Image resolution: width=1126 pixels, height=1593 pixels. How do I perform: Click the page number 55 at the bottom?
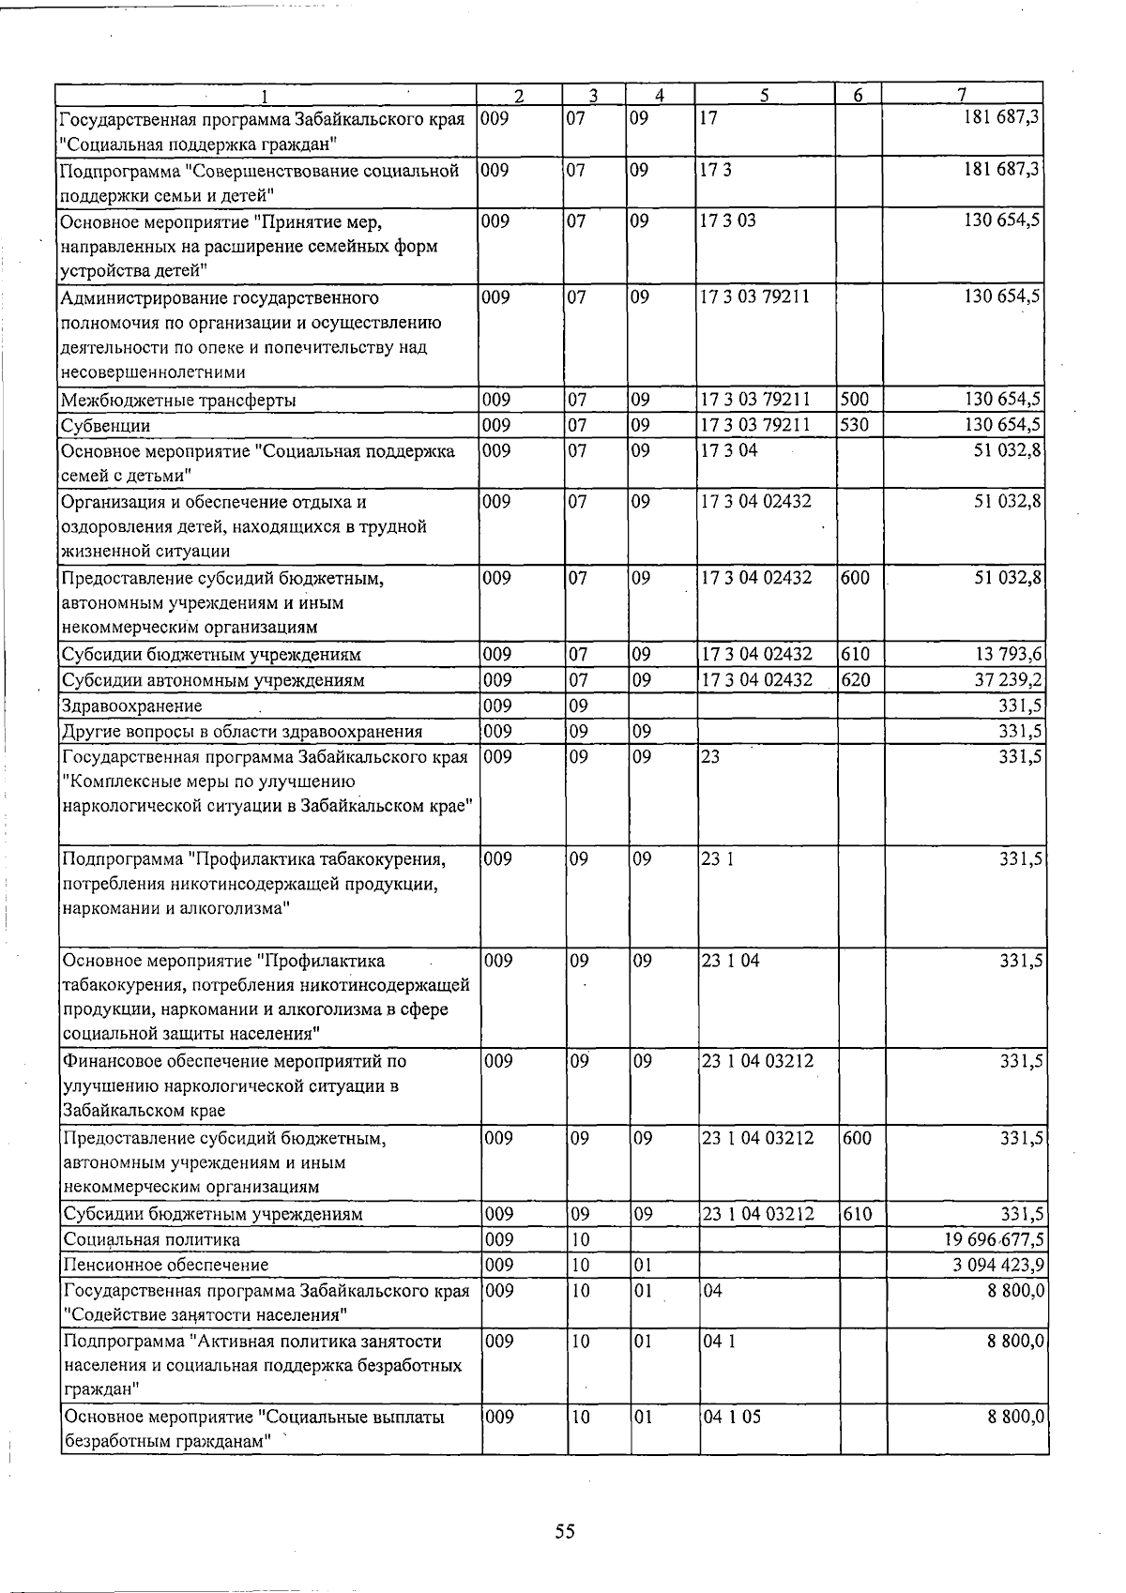tap(564, 1531)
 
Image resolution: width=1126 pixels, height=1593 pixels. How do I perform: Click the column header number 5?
tap(765, 95)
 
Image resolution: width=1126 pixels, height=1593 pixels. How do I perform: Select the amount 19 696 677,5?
tap(988, 1239)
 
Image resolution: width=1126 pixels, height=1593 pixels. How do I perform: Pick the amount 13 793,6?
tap(1008, 654)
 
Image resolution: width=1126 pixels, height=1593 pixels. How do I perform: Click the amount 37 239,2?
tap(1008, 679)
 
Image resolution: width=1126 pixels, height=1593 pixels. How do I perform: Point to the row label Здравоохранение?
tap(131, 705)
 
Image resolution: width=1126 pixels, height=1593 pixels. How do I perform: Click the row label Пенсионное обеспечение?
tap(165, 1266)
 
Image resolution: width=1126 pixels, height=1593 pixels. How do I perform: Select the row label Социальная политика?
tap(151, 1239)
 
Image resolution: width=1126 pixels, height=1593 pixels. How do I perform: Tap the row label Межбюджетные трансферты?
tap(178, 401)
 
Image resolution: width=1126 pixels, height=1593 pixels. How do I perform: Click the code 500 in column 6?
tap(855, 400)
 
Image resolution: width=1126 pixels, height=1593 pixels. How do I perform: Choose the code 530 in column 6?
tap(855, 425)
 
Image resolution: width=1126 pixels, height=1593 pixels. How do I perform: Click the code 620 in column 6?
tap(855, 679)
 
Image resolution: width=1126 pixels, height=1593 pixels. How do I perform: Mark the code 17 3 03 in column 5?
tap(729, 221)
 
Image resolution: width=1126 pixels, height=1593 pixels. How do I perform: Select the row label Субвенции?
tap(105, 426)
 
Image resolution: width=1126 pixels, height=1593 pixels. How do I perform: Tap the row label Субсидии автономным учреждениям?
tap(212, 680)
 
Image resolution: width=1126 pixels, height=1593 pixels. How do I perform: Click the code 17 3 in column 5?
tap(717, 171)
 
